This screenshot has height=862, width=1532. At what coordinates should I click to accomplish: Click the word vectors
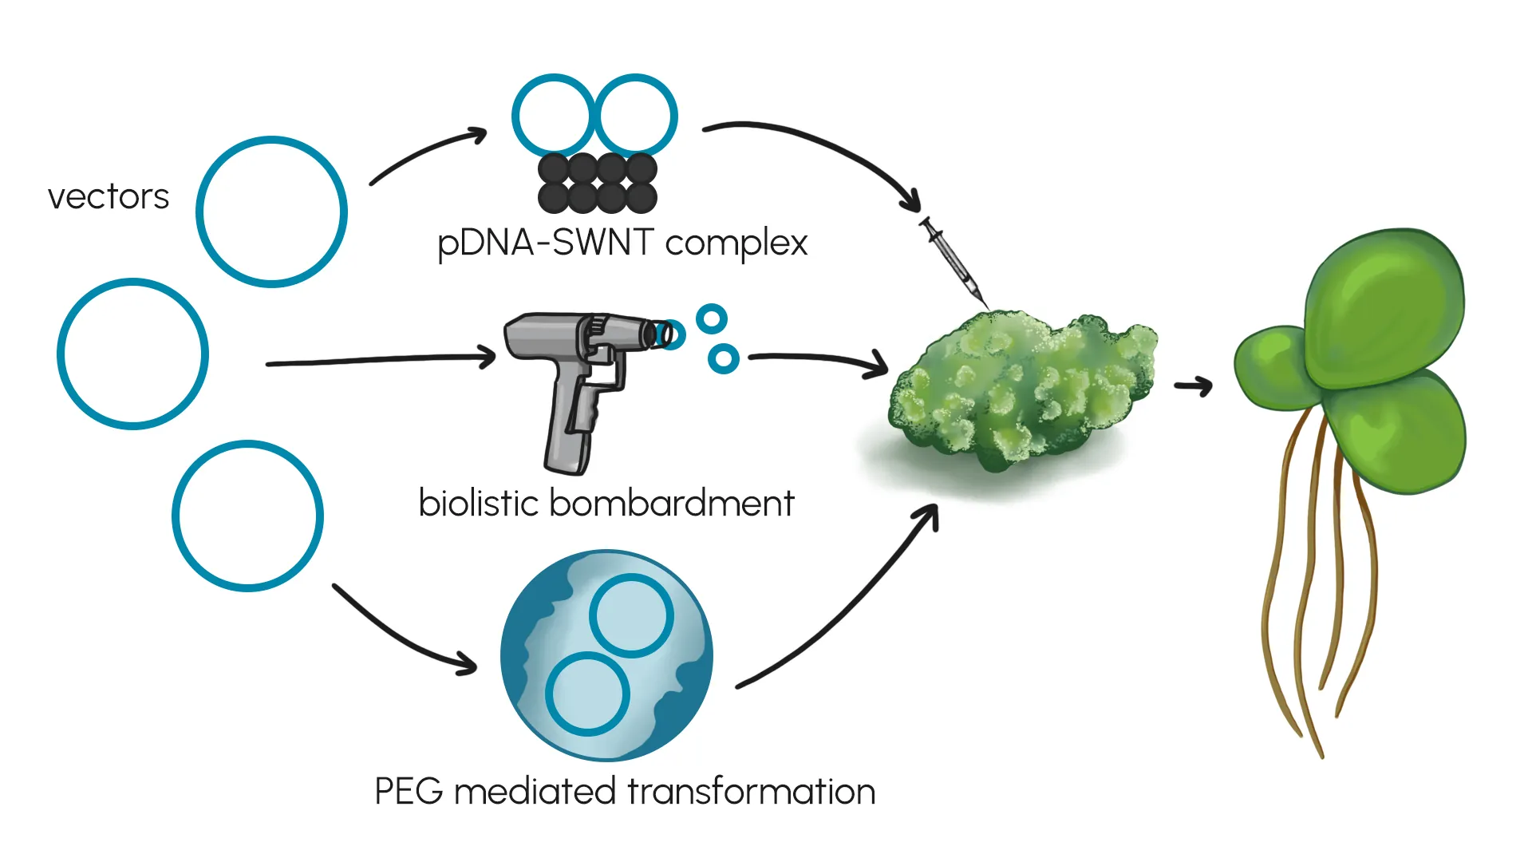(109, 197)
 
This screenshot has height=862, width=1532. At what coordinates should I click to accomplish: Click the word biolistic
(479, 504)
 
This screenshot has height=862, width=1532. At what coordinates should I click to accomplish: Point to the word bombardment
(672, 504)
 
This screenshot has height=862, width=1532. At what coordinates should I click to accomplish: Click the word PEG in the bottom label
(409, 792)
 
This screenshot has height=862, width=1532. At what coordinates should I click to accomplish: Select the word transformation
(751, 792)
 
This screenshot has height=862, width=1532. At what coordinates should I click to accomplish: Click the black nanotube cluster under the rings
(598, 184)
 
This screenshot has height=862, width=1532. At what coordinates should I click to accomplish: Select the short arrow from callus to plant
(1194, 387)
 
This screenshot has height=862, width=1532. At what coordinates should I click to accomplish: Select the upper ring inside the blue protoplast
(631, 615)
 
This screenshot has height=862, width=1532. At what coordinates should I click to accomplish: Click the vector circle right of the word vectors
(271, 212)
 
